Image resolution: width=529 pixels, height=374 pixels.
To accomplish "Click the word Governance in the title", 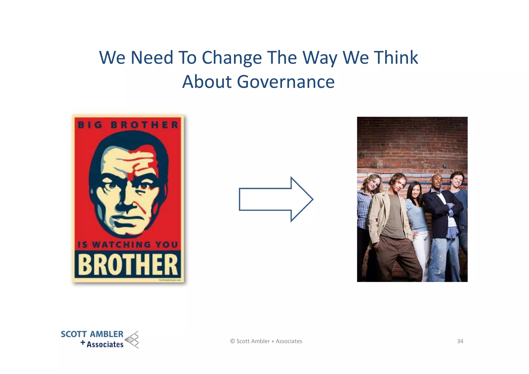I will pos(286,82).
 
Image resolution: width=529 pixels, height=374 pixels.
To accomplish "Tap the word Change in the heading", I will pos(232,58).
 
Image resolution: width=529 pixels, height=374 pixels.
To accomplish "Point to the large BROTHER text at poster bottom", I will pos(128,264).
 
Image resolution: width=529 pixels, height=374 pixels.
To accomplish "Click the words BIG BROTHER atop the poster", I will pos(128,125).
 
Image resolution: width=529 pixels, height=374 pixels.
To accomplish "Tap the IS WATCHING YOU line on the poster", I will pos(128,245).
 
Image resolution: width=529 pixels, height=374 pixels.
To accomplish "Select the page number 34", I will pos(460,341).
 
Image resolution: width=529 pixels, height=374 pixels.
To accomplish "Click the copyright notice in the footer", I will pos(266,341).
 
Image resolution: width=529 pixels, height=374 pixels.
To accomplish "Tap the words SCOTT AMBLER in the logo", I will pos(92,334).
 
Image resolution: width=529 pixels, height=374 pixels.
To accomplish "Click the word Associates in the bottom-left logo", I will pos(105,345).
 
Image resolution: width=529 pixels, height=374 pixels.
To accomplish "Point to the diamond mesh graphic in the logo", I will pos(132,339).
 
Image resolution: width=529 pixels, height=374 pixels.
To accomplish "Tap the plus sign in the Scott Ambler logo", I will pos(83,343).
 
